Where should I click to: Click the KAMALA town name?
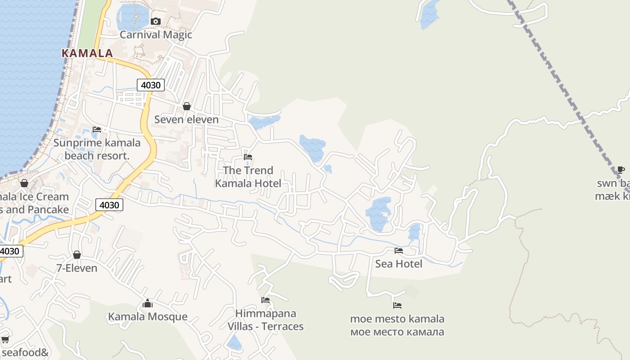87,53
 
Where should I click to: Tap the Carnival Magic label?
156,35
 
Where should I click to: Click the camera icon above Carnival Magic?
156,21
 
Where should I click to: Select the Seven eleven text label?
186,119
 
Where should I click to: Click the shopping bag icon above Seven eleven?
186,106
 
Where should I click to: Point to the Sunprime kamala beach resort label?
97,149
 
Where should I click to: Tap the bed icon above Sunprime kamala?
97,130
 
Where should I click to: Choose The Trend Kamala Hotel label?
248,177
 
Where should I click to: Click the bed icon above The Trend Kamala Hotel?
248,157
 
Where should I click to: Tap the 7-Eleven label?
76,268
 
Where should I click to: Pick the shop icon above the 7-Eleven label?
77,255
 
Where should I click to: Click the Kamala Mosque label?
148,317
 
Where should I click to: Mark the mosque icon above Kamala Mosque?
148,304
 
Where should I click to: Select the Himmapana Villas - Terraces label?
265,320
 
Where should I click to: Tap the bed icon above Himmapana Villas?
265,300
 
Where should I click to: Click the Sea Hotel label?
399,264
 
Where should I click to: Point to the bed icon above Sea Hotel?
399,251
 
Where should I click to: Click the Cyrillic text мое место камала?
397,332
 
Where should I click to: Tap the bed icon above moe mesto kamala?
397,306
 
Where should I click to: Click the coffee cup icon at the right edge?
621,170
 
